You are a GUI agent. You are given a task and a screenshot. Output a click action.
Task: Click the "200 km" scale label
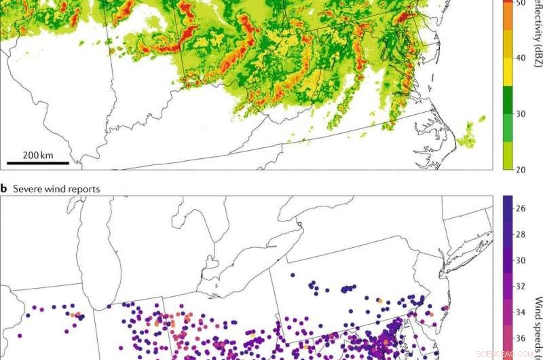[38, 155]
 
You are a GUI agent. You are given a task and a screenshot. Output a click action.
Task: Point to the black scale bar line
[38, 163]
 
